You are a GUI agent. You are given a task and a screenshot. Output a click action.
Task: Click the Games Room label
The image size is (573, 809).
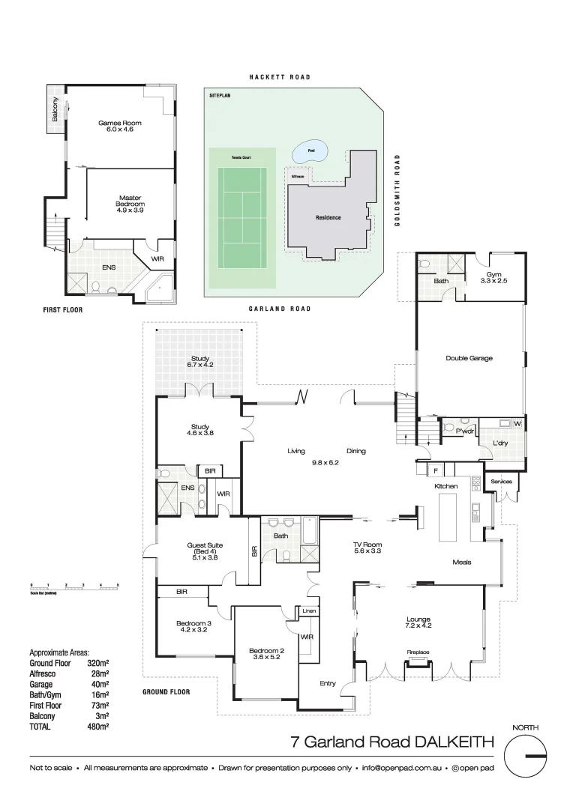pos(120,127)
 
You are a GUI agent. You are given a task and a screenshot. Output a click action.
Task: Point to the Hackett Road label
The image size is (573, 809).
pos(280,77)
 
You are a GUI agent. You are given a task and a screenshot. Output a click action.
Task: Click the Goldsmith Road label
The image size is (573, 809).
pos(397,191)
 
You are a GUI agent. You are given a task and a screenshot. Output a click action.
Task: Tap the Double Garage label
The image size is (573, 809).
pos(469,358)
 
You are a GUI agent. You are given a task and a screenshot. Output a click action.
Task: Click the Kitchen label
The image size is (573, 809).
pos(446,487)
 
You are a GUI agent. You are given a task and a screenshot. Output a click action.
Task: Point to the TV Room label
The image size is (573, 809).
pos(367,548)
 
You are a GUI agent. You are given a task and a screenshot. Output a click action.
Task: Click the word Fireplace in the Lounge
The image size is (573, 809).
pos(418,652)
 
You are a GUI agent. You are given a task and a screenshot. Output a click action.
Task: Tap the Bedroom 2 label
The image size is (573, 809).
pos(265,653)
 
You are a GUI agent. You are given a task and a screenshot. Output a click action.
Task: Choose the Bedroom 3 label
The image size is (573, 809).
pos(193,626)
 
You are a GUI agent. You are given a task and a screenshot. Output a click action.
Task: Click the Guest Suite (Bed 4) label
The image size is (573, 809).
pos(199,551)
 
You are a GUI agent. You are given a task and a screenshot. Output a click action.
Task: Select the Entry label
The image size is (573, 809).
pos(328,683)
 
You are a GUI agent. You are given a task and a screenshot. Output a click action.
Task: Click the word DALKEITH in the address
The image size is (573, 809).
pos(454,742)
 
